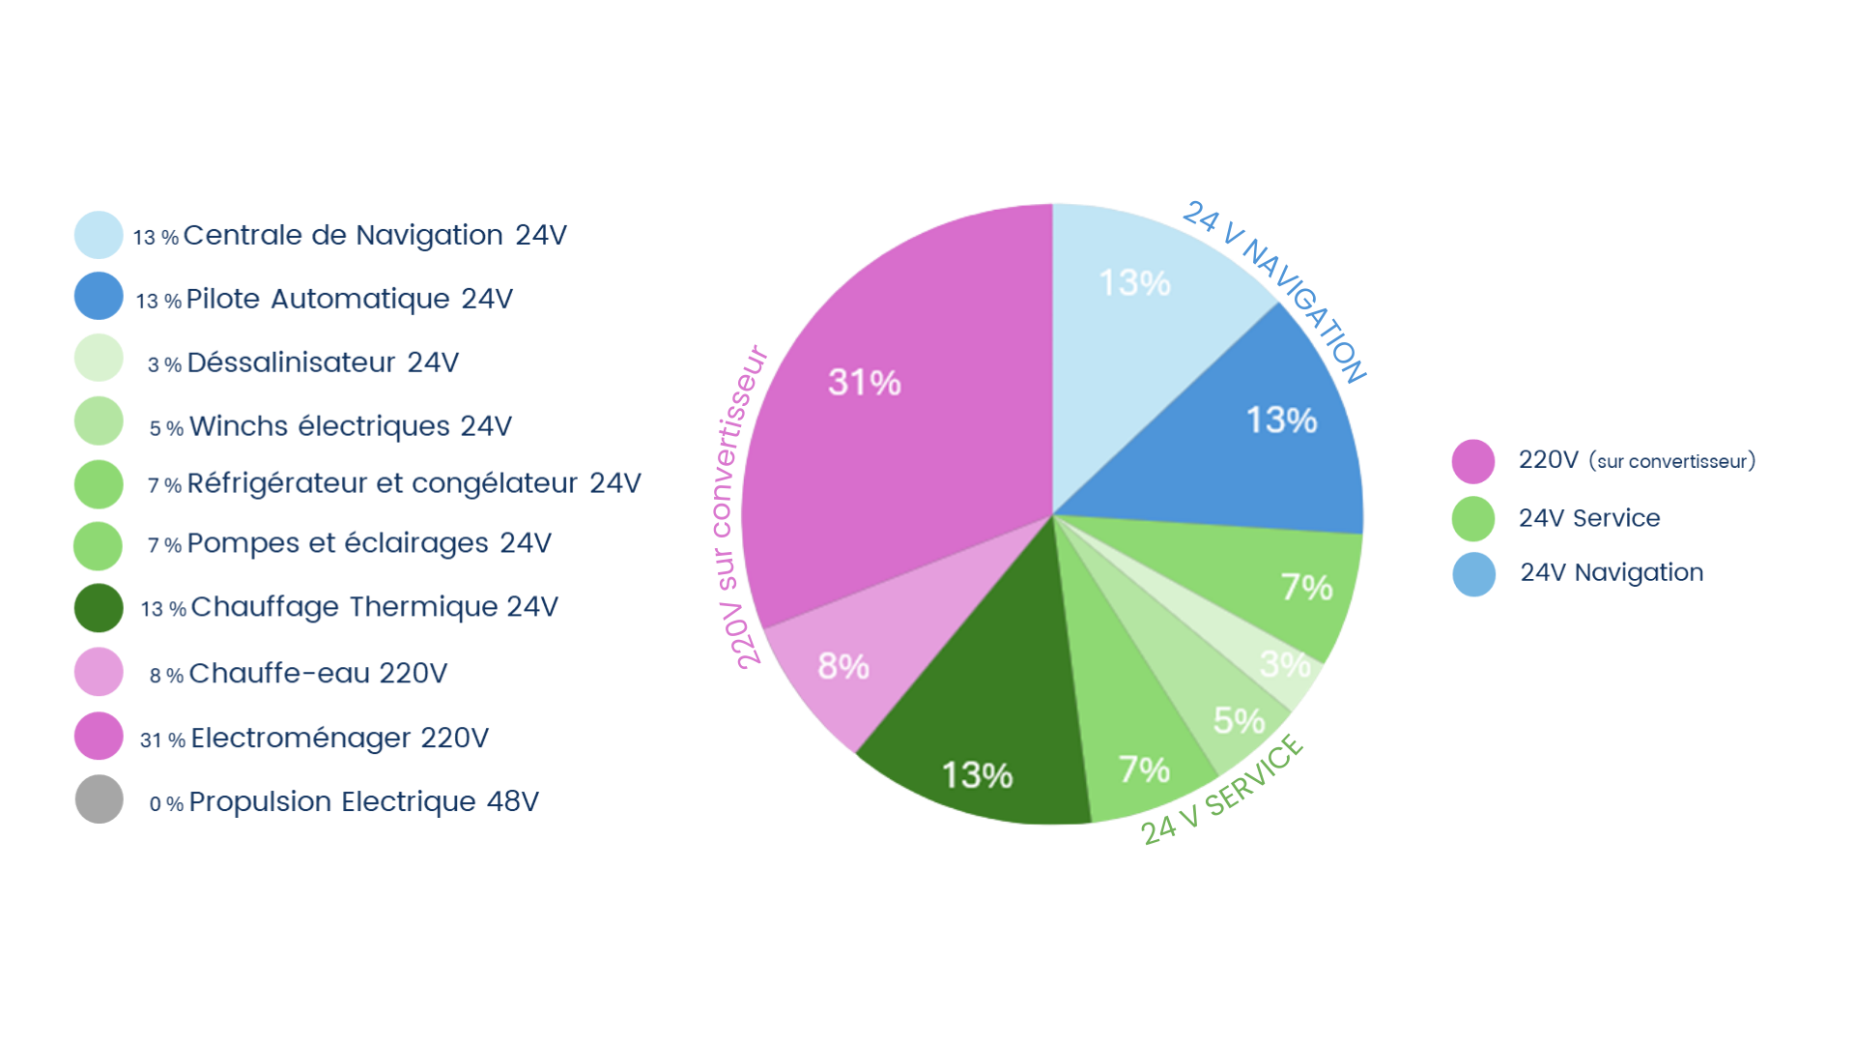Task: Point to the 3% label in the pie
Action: (1285, 665)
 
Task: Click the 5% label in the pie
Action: (1239, 721)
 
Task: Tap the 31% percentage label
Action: (864, 383)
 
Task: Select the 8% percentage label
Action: (842, 667)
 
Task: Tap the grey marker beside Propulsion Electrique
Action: (91, 804)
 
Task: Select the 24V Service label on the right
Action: (1589, 517)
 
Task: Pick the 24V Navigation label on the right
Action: (1609, 572)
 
